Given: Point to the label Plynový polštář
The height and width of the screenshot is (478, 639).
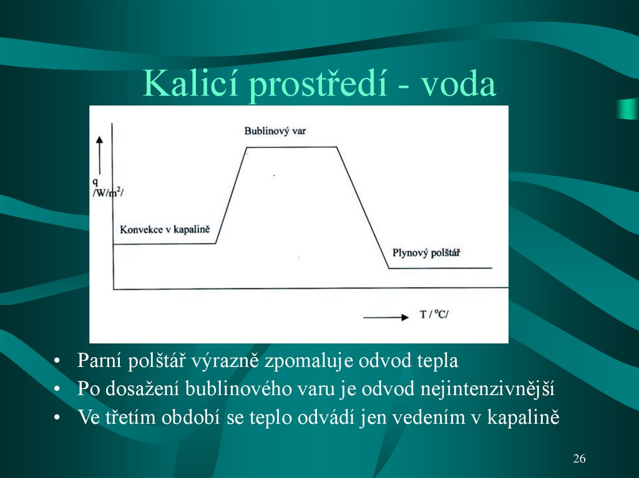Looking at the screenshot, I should click(431, 252).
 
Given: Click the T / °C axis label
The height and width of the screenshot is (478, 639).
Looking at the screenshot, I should click(434, 315).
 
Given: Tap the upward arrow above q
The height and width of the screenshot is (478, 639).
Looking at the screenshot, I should click(99, 153).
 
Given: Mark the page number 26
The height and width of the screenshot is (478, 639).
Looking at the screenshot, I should click(579, 459).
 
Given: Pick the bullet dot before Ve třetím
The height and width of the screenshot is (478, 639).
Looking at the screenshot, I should click(57, 418).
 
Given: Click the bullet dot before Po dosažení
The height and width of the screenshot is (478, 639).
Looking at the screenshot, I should click(57, 390).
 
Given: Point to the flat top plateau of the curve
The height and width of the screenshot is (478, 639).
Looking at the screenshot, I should click(291, 148).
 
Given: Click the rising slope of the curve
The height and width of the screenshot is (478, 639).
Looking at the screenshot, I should click(231, 195).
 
